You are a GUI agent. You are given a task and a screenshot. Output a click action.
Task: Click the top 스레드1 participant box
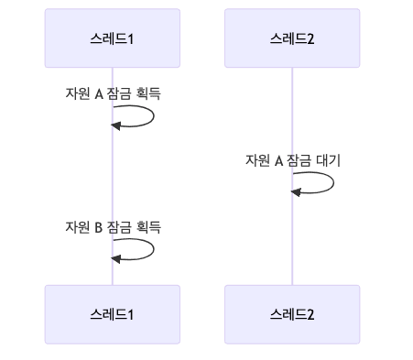tap(113, 39)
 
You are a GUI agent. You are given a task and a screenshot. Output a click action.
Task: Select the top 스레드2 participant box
tap(292, 39)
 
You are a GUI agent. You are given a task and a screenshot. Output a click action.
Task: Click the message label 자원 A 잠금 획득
tap(113, 93)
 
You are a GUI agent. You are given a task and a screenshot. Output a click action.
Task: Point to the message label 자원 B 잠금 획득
tap(113, 227)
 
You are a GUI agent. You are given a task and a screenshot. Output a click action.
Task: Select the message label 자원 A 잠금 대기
tap(292, 160)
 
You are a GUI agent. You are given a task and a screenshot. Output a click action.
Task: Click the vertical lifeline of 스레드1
tap(113, 183)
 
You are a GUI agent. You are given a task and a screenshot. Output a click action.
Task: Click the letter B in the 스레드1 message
tap(98, 227)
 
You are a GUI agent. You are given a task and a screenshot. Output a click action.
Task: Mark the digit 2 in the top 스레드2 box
tap(311, 39)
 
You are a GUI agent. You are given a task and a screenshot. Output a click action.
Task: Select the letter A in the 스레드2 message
tap(278, 160)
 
